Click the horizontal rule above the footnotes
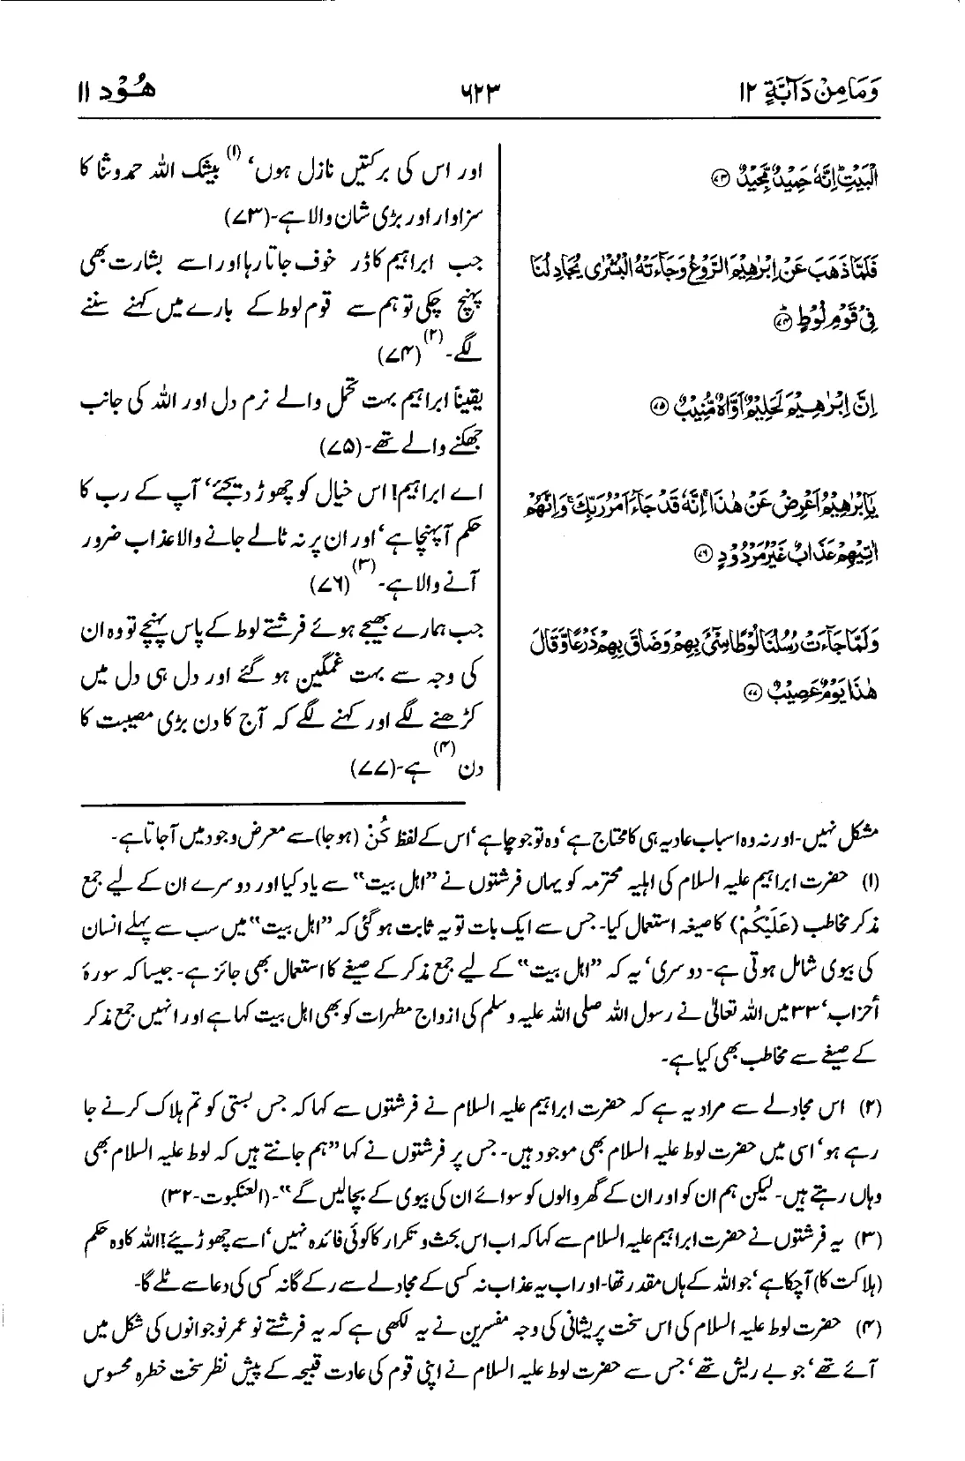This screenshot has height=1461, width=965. click(x=273, y=805)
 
